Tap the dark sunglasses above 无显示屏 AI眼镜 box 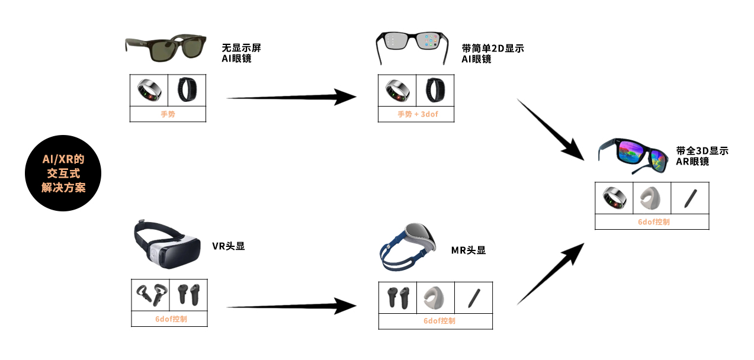(x=165, y=48)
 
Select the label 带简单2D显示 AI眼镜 (x=492, y=53)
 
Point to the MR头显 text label (x=468, y=250)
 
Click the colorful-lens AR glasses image (x=633, y=153)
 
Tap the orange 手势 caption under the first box (x=168, y=114)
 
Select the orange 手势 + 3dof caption (x=416, y=114)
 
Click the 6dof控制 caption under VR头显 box (x=169, y=319)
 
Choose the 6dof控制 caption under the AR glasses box (x=652, y=222)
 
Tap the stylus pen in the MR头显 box (x=473, y=297)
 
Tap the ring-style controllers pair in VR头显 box (x=150, y=294)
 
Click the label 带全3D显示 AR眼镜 (x=702, y=156)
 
